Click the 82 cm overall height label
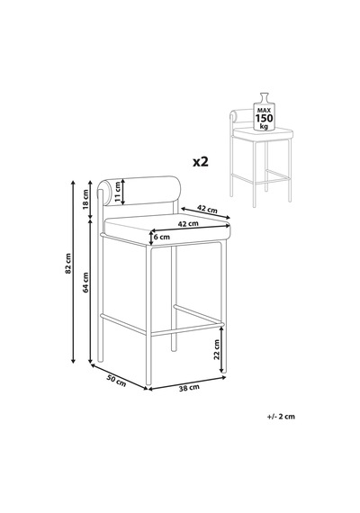coord(67,263)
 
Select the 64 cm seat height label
coord(85,282)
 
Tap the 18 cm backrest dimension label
coord(85,199)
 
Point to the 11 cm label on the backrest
coord(118,192)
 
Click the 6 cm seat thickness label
coord(162,237)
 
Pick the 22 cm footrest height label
coord(216,350)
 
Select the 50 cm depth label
coord(116,381)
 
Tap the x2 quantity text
coord(201,161)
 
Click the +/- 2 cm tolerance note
coord(281,417)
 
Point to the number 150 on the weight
coord(264,118)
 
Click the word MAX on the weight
coord(264,112)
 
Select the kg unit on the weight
coord(264,126)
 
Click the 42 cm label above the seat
coord(207,209)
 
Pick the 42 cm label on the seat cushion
coord(188,224)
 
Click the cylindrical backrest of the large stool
coord(139,192)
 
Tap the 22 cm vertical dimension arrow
coord(222,350)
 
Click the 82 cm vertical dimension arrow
coord(73,272)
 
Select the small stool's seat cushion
coord(263,133)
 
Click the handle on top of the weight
coord(264,97)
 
